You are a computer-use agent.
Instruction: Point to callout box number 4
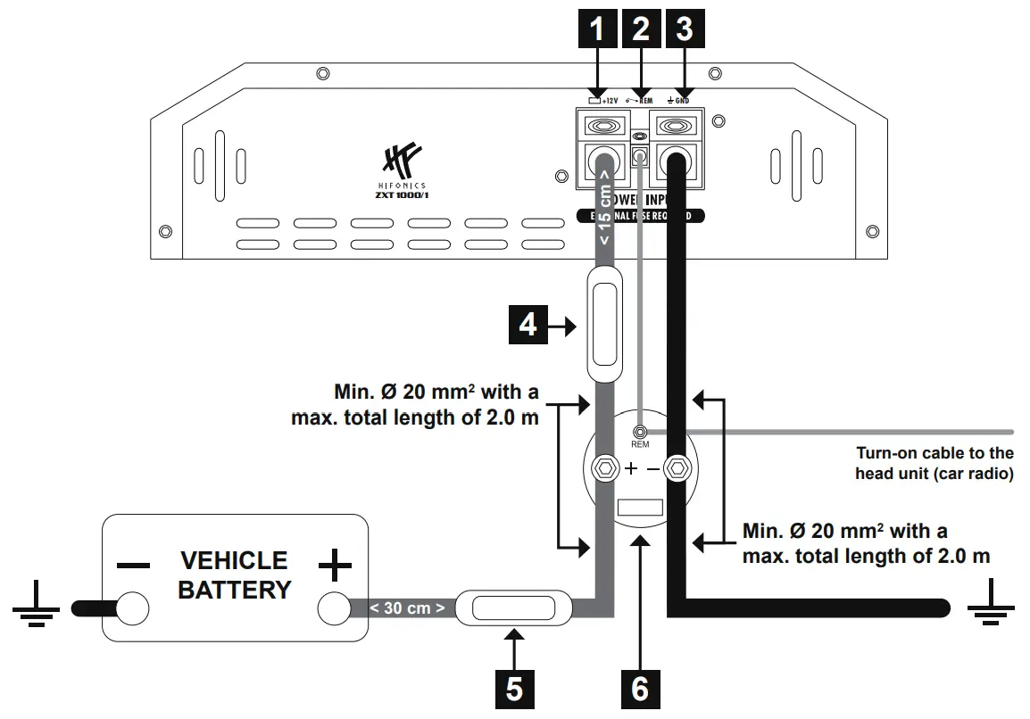click(x=528, y=326)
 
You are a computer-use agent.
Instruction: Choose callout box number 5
click(x=516, y=688)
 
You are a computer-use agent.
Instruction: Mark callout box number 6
click(x=641, y=688)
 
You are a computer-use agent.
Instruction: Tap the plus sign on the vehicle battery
click(x=335, y=566)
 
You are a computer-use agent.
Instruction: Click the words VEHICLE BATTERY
click(x=234, y=575)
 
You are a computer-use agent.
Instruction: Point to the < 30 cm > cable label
click(x=407, y=608)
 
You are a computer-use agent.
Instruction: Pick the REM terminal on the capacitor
click(x=640, y=432)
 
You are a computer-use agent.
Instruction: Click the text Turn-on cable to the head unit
click(x=934, y=464)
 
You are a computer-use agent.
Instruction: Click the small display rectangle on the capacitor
click(x=640, y=508)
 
